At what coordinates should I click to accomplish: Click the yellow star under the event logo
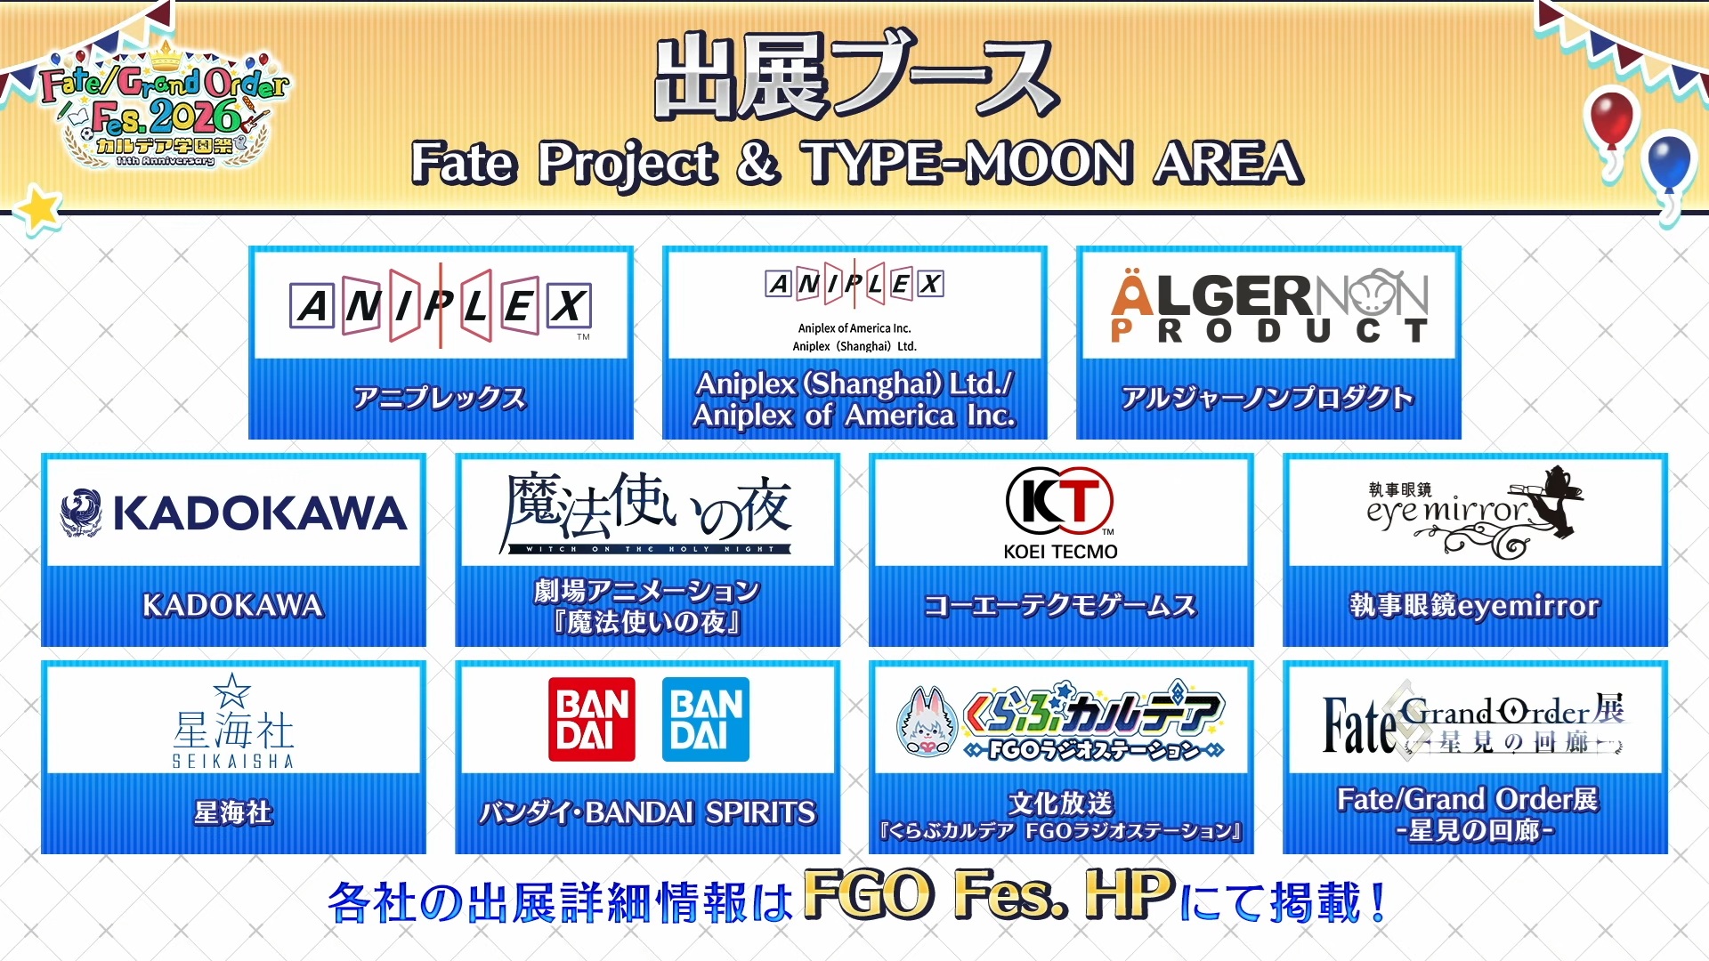tap(38, 211)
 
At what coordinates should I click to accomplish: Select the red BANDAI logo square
tap(592, 719)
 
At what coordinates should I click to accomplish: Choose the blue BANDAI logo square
tap(706, 719)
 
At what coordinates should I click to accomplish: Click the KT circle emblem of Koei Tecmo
tap(1060, 501)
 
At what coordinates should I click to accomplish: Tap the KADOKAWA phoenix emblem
tap(81, 513)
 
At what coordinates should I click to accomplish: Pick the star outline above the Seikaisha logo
tap(232, 690)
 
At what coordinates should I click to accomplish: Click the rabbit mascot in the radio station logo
tap(927, 722)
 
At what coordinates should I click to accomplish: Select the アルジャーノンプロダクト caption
tap(1268, 398)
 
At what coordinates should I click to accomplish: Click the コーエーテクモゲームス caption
tap(1060, 606)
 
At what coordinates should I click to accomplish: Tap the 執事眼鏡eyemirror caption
tap(1475, 606)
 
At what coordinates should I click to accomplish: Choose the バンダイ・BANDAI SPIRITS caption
tap(647, 812)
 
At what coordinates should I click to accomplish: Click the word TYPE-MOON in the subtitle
tap(968, 163)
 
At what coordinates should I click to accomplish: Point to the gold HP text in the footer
tap(1130, 894)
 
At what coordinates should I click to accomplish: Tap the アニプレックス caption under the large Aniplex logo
tap(440, 398)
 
